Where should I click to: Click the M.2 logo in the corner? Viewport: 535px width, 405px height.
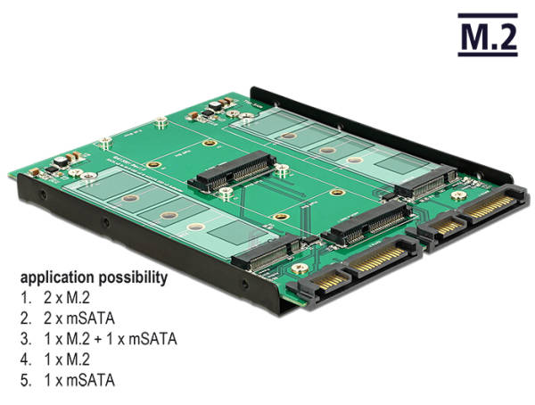tap(486, 36)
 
